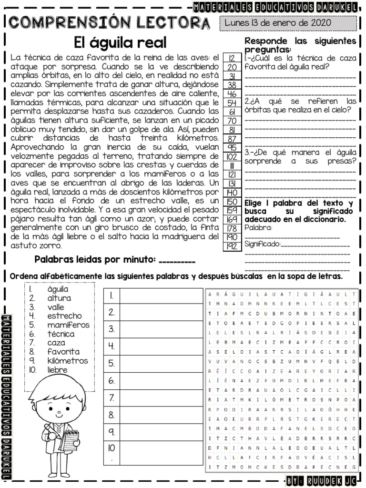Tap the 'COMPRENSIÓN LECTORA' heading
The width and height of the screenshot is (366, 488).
point(109,22)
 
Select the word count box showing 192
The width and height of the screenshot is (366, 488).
point(232,246)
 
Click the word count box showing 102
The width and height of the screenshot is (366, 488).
point(232,156)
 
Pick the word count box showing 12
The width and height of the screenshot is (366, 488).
point(232,58)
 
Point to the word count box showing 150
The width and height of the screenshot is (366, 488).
point(232,202)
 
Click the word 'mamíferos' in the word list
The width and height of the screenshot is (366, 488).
point(68,325)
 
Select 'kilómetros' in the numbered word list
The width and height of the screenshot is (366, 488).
point(68,361)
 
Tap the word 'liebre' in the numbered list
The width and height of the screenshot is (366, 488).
point(58,370)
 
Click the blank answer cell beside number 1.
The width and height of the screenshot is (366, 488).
point(161,295)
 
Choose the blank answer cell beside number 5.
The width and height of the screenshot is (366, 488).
point(161,364)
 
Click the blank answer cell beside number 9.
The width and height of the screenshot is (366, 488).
point(161,432)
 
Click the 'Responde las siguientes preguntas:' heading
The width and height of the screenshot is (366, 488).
point(300,45)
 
